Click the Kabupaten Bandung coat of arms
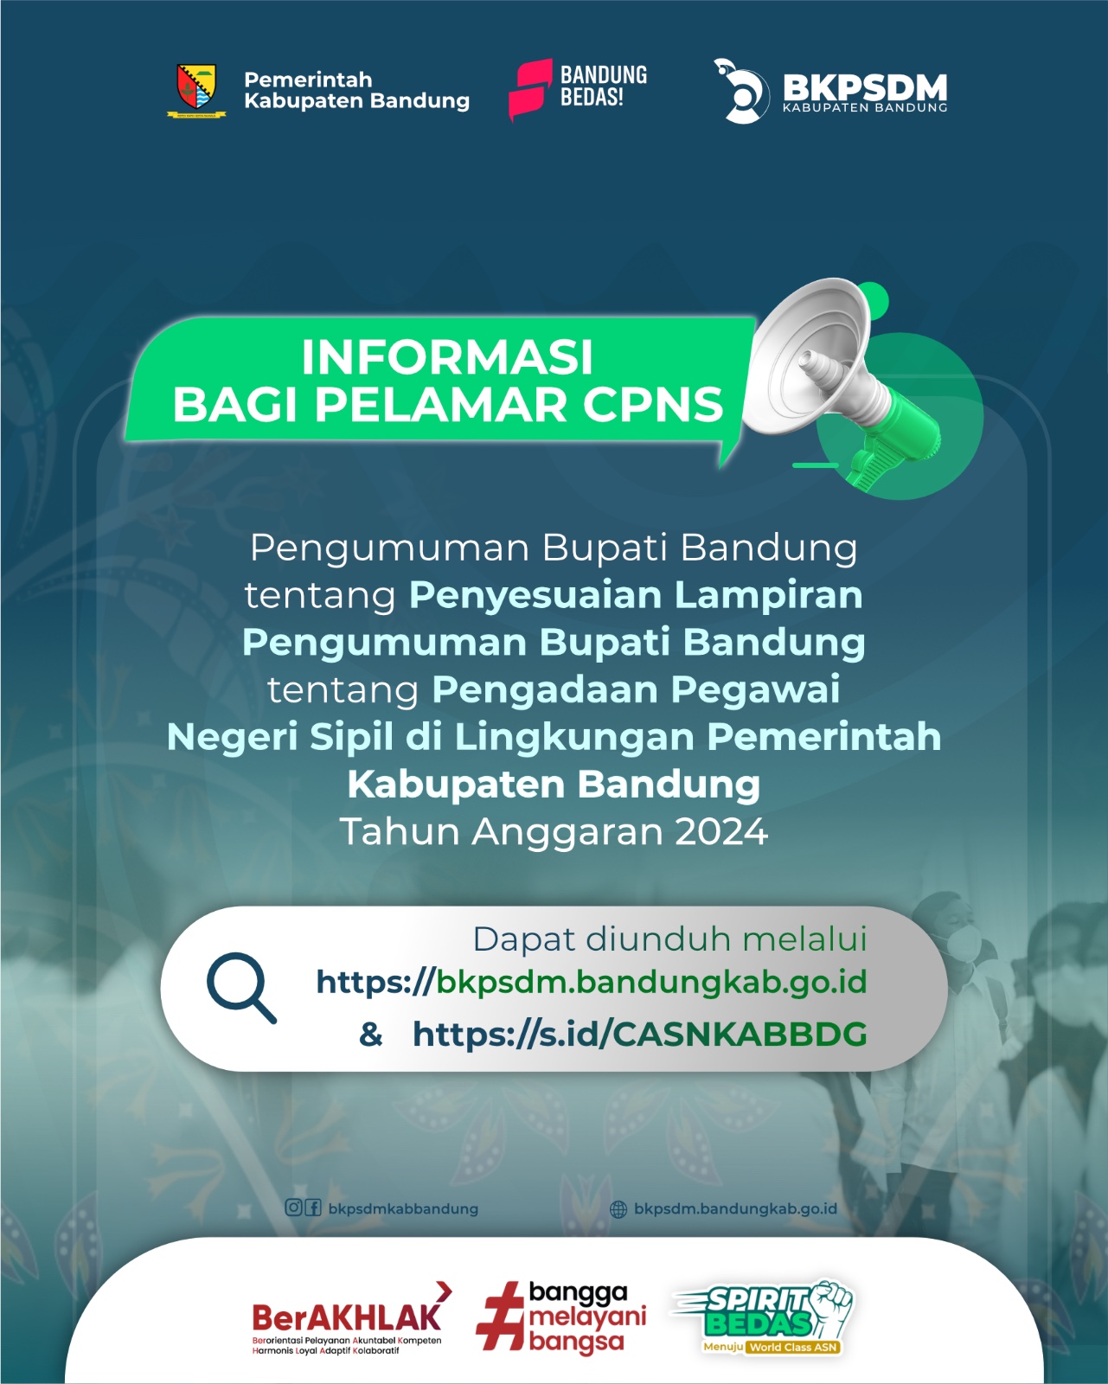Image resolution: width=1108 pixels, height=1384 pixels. pyautogui.click(x=196, y=89)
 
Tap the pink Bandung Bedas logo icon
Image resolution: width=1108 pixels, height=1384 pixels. pyautogui.click(x=530, y=89)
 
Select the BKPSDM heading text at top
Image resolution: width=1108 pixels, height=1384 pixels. pyautogui.click(x=865, y=86)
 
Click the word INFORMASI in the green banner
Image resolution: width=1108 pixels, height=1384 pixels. pyautogui.click(x=447, y=357)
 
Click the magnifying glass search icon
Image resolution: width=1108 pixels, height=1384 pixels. pyautogui.click(x=242, y=988)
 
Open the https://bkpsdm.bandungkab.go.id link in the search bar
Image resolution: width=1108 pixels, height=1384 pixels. pyautogui.click(x=592, y=982)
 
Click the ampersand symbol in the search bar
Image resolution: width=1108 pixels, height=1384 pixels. pyautogui.click(x=370, y=1035)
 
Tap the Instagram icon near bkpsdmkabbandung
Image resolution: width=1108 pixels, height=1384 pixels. pyautogui.click(x=293, y=1208)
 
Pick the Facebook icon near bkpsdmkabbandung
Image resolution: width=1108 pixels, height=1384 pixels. pyautogui.click(x=313, y=1208)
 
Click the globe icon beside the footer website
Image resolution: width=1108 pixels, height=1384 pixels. pyautogui.click(x=618, y=1209)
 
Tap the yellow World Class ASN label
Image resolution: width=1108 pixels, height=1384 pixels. pyautogui.click(x=793, y=1347)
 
